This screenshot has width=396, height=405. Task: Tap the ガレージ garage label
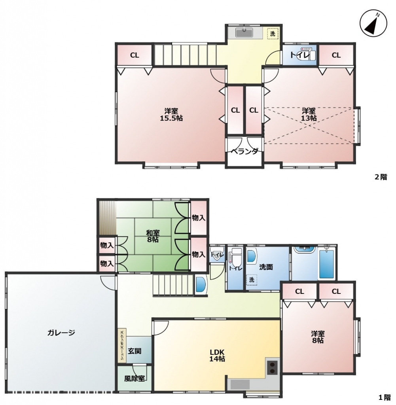[61, 332]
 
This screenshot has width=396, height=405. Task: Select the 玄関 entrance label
[135, 351]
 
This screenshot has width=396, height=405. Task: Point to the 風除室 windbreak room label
[135, 379]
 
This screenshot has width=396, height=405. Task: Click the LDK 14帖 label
[217, 355]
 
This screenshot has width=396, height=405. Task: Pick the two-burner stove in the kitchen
[272, 367]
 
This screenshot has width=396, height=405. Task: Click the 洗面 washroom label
[266, 267]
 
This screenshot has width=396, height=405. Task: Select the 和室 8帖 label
[153, 236]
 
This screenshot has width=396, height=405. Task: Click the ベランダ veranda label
[244, 151]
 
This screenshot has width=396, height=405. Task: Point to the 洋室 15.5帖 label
[171, 114]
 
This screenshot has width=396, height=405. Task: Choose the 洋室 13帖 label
[309, 114]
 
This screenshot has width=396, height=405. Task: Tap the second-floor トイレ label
[299, 55]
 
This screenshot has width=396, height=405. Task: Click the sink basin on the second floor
[244, 32]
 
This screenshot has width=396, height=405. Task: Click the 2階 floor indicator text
[381, 177]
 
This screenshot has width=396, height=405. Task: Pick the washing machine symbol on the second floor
[273, 33]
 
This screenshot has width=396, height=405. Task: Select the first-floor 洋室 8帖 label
[318, 337]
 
